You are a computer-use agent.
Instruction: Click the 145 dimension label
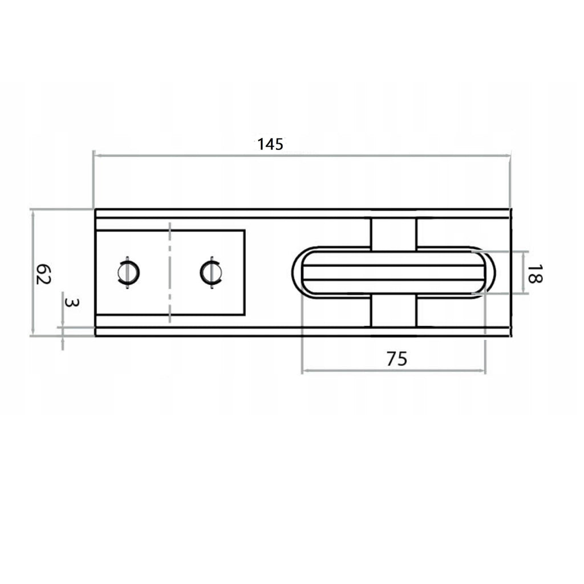click(270, 144)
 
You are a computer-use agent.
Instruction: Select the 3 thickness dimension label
click(70, 302)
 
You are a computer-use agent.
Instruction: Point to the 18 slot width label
click(535, 274)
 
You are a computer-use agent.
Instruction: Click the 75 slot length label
click(397, 359)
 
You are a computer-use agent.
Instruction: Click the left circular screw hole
click(128, 272)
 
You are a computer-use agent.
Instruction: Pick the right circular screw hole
click(210, 272)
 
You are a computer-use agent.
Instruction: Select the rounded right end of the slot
click(489, 273)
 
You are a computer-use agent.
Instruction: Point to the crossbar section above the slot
click(394, 233)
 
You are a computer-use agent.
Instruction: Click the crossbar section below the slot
click(394, 312)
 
